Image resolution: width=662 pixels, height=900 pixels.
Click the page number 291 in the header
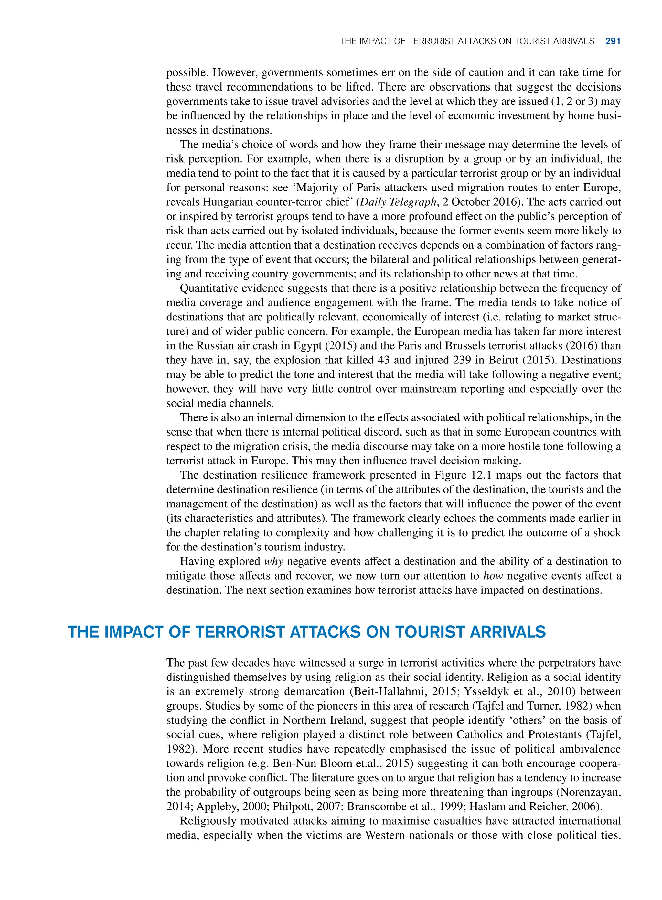tap(613, 41)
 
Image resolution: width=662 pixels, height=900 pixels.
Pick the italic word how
tap(493, 576)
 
